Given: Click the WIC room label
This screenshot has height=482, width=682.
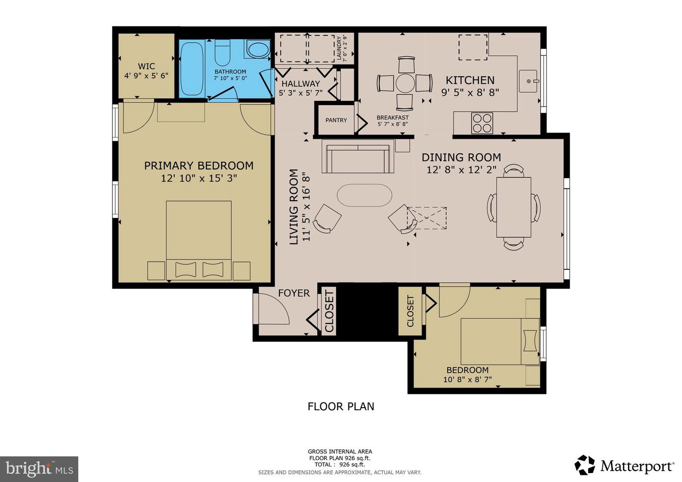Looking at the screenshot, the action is click(x=146, y=66).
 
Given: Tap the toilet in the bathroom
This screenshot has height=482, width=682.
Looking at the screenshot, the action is click(x=222, y=53).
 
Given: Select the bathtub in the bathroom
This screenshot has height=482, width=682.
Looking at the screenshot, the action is click(x=192, y=69).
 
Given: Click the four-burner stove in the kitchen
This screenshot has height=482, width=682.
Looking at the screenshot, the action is click(x=482, y=123).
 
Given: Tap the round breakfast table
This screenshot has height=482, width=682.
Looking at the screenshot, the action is click(x=405, y=83).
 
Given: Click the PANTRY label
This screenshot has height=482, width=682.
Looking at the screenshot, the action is click(x=336, y=120).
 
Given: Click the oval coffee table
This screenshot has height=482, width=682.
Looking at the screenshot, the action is click(x=365, y=196).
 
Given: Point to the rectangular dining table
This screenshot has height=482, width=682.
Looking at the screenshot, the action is click(x=514, y=207).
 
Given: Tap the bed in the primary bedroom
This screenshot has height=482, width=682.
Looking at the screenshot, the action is click(x=199, y=240).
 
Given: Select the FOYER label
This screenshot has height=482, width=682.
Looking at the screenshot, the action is click(x=294, y=293).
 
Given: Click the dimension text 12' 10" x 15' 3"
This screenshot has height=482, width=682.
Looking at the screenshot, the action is click(x=199, y=178).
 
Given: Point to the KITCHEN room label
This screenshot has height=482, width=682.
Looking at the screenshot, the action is click(x=470, y=80).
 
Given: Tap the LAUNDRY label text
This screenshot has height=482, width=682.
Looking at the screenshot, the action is click(x=339, y=48).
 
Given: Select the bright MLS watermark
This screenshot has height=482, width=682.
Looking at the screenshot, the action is click(x=39, y=469).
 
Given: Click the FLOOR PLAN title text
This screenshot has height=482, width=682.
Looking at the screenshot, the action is click(x=341, y=407).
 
